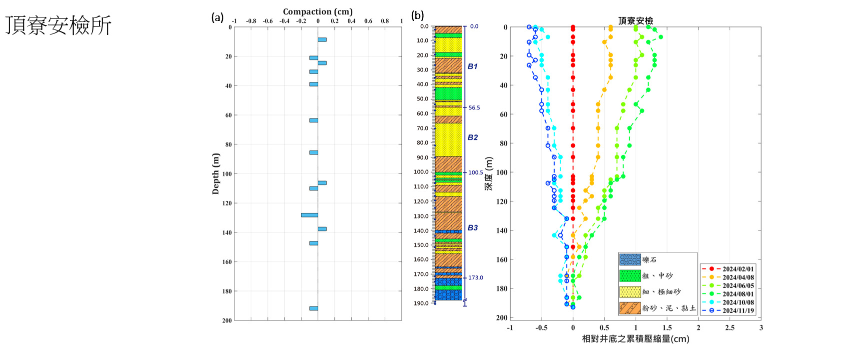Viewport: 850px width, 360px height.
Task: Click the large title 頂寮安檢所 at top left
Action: (58, 25)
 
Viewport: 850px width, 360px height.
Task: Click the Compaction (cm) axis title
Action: (317, 11)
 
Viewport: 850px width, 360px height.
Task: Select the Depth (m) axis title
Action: (216, 173)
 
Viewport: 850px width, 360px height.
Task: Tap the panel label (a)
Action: (217, 17)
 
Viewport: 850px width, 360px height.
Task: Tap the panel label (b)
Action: (417, 15)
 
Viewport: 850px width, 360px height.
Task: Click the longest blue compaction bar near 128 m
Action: (309, 215)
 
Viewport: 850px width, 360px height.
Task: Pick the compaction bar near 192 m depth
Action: (313, 308)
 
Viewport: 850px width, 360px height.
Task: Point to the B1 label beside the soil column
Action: (472, 66)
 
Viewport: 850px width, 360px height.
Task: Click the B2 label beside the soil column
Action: (472, 137)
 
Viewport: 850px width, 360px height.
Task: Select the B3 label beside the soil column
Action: (472, 228)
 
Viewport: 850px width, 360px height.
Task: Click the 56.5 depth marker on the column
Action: (474, 108)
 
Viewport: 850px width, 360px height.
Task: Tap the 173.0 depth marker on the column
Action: (475, 278)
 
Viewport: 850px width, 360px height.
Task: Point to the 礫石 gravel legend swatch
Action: (630, 260)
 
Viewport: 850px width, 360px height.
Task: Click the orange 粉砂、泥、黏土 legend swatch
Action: (630, 308)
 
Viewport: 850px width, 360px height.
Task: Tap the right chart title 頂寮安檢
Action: (635, 20)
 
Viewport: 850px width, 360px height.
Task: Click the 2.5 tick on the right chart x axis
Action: (730, 328)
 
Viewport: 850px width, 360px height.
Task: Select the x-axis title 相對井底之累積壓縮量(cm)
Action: (635, 339)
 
